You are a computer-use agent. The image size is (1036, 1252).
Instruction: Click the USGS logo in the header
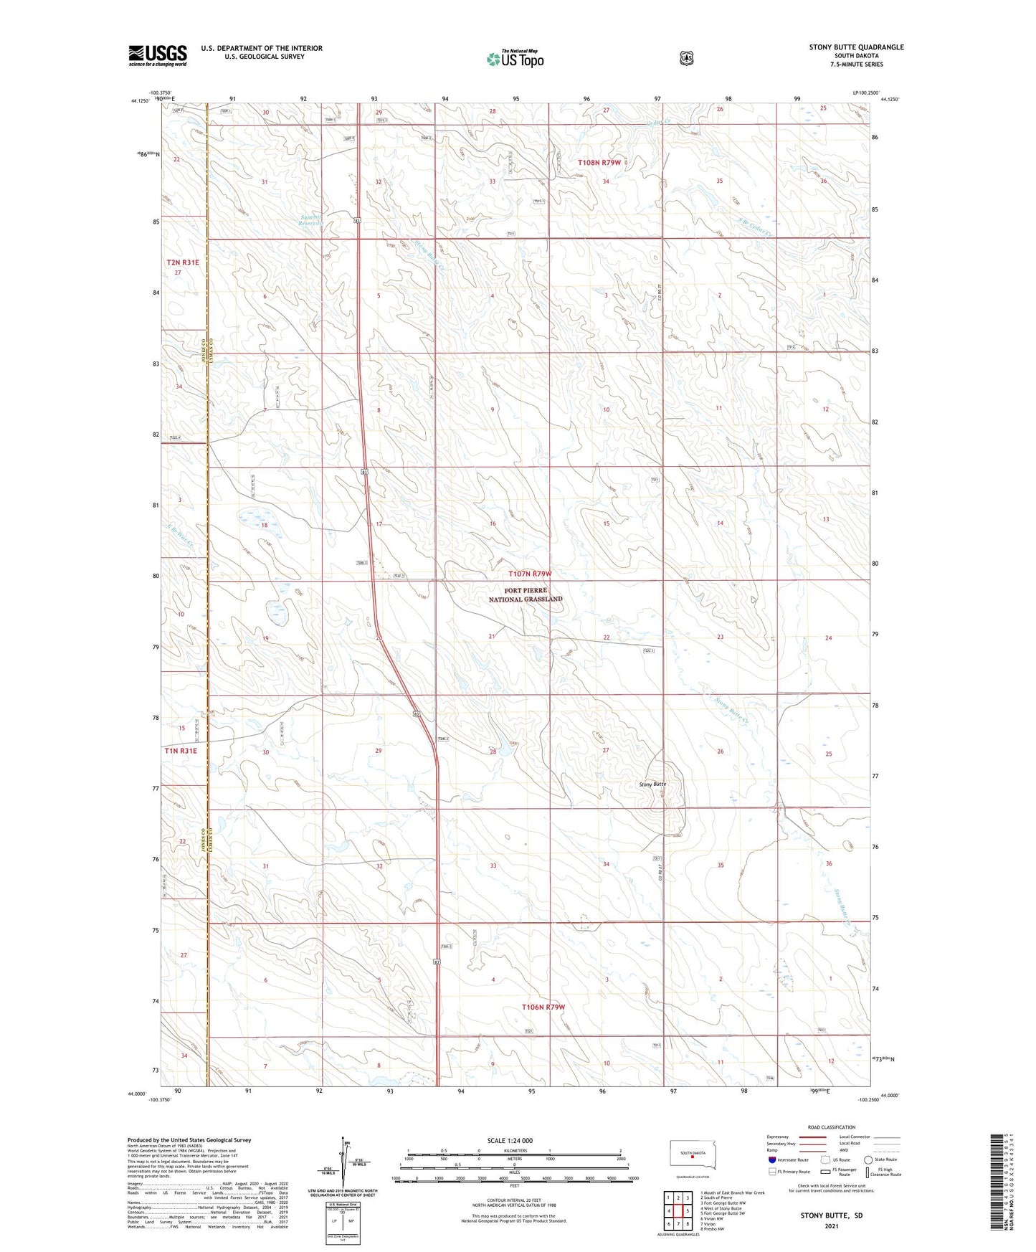pos(158,55)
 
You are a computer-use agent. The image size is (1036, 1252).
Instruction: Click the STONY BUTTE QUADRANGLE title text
pos(856,47)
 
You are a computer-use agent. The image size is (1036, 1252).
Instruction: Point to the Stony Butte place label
pos(652,784)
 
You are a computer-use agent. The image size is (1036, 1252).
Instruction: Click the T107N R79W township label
pos(531,574)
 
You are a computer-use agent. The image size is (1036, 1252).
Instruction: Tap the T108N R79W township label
pos(599,163)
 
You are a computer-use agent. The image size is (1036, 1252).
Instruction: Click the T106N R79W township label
pos(543,1007)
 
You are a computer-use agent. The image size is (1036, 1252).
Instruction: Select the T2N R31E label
pos(183,262)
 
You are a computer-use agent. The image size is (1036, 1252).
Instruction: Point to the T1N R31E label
pos(181,751)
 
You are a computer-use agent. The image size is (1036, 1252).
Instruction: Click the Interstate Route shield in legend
pos(771,1159)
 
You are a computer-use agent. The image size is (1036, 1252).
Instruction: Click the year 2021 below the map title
pos(832,1225)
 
